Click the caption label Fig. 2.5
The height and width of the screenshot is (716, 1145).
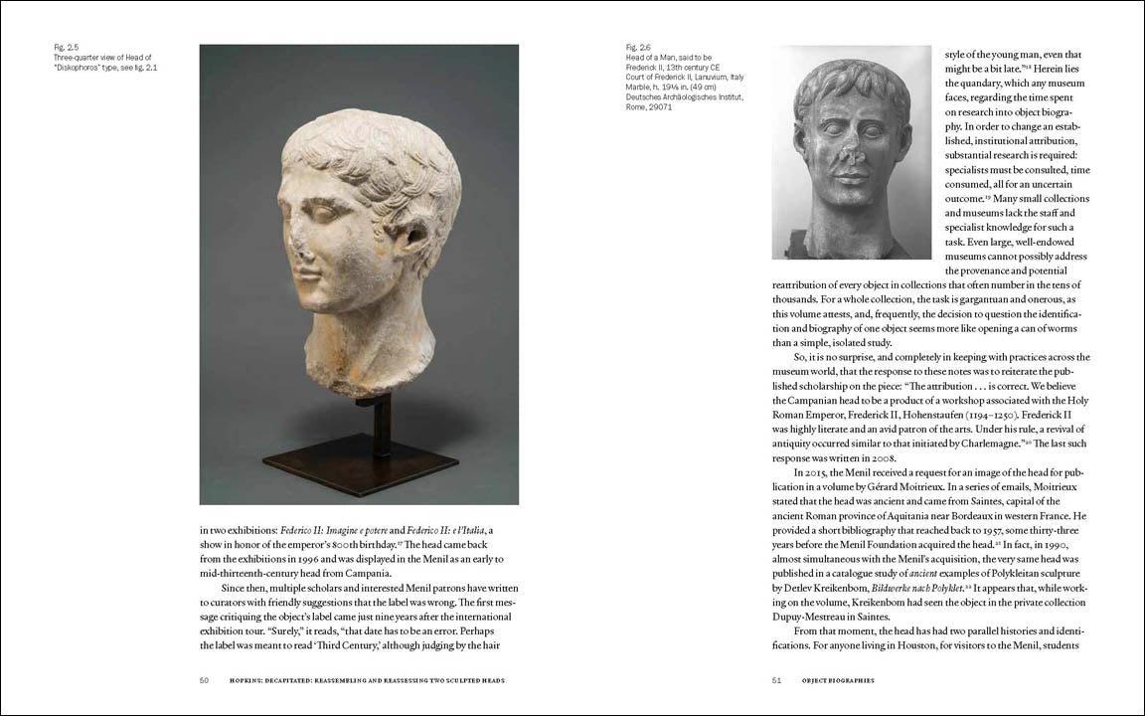(x=67, y=47)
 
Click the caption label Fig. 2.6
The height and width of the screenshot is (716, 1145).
(x=638, y=47)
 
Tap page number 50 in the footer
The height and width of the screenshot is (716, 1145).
(x=204, y=680)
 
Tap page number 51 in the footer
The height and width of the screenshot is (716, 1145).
(x=776, y=680)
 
